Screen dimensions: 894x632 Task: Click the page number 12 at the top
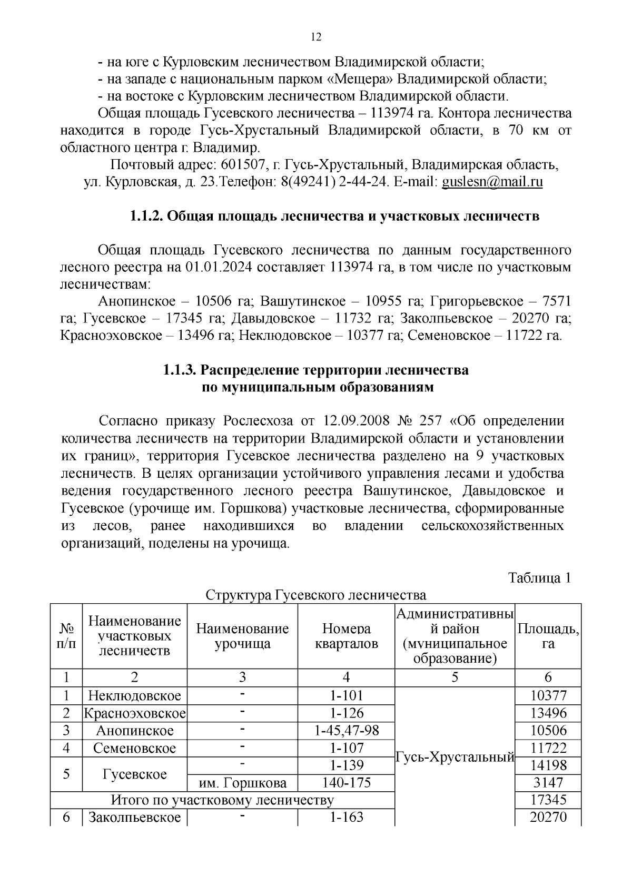pyautogui.click(x=316, y=37)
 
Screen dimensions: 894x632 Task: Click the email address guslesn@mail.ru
pyautogui.click(x=492, y=182)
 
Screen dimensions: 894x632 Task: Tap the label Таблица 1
pyautogui.click(x=540, y=578)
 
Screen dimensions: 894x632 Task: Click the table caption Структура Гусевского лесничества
pyautogui.click(x=315, y=595)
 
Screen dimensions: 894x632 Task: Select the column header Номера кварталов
pyautogui.click(x=346, y=636)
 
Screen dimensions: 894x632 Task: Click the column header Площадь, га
pyautogui.click(x=548, y=636)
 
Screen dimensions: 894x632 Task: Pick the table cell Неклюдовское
pyautogui.click(x=134, y=696)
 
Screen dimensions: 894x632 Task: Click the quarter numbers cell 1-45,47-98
pyautogui.click(x=346, y=731)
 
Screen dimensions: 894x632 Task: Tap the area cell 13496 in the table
pyautogui.click(x=548, y=713)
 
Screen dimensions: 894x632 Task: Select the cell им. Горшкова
pyautogui.click(x=243, y=783)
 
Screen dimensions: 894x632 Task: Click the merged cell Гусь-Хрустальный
pyautogui.click(x=455, y=757)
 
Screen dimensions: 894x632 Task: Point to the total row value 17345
pyautogui.click(x=548, y=800)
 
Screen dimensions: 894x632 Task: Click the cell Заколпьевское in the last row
pyautogui.click(x=134, y=818)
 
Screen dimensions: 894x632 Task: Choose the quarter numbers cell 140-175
pyautogui.click(x=346, y=783)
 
